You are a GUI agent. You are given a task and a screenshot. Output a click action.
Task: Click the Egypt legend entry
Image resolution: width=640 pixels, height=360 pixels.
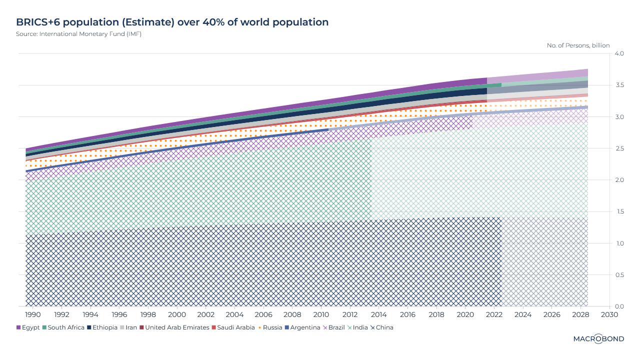[x=28, y=327]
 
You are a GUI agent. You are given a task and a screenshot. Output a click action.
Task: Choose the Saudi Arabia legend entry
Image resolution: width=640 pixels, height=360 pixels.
[x=235, y=327]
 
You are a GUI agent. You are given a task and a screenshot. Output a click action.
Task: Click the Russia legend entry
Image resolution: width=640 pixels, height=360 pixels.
[x=270, y=327]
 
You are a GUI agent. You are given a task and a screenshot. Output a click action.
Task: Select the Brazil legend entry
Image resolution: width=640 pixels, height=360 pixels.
[x=334, y=327]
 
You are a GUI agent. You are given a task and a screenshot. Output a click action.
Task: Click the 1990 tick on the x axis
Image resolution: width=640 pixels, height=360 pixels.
[x=33, y=315]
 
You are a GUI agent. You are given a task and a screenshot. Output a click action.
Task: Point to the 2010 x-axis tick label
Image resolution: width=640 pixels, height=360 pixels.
[x=321, y=315]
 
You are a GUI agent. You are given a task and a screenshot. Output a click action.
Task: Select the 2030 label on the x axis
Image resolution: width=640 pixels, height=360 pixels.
[x=609, y=315]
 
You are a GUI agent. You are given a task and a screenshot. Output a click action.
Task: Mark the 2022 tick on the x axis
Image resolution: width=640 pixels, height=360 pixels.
[x=494, y=315]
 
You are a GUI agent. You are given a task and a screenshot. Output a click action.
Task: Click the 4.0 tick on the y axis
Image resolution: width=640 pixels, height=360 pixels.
[x=619, y=53]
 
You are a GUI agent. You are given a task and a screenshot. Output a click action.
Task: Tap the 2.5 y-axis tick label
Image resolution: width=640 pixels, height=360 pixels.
[x=619, y=148]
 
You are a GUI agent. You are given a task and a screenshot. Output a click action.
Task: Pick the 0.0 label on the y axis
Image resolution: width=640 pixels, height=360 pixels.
[x=619, y=306]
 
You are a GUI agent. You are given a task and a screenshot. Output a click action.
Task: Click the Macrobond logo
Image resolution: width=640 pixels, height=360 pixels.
[x=598, y=339]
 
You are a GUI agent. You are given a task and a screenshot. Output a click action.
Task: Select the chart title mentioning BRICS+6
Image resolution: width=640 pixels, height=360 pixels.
[x=172, y=22]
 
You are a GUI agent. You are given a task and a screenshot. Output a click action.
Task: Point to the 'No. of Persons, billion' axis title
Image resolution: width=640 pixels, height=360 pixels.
[x=578, y=45]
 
